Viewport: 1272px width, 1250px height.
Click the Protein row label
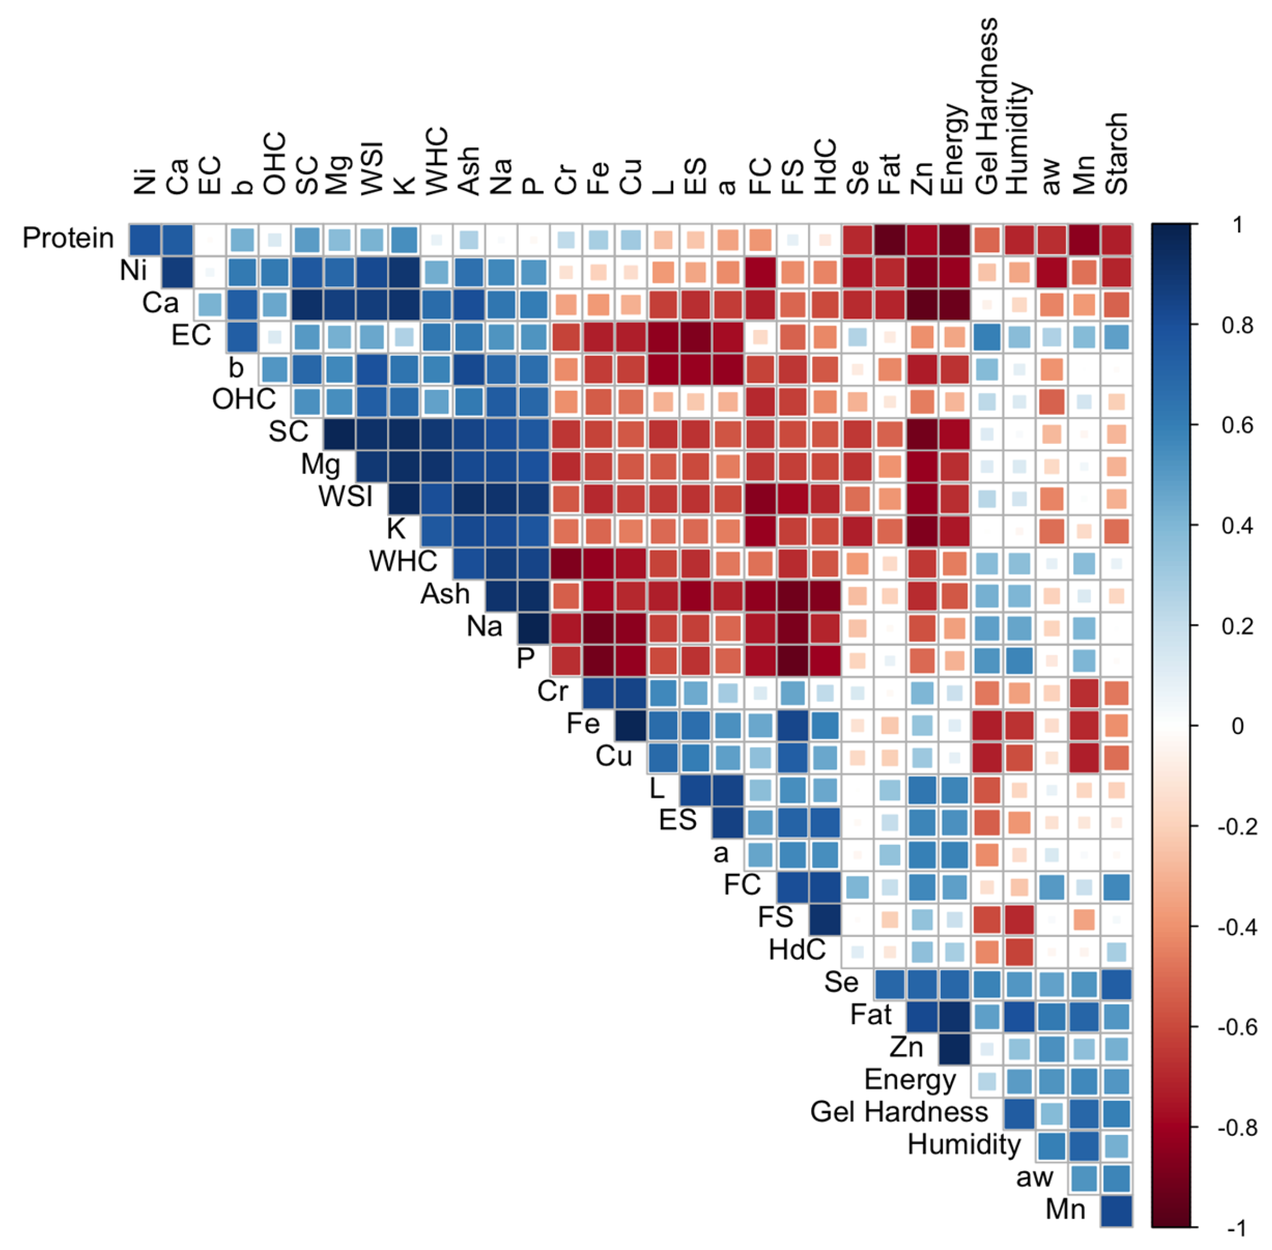(68, 238)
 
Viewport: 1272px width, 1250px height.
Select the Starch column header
(1115, 154)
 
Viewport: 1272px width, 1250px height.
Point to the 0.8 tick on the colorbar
(1237, 325)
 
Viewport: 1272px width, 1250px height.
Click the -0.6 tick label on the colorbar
(1237, 1027)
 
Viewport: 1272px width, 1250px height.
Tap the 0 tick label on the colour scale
(1237, 726)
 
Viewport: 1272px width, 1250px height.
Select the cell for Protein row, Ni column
(144, 240)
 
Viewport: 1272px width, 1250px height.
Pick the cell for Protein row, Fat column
(889, 240)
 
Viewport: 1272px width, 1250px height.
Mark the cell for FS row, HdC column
(824, 920)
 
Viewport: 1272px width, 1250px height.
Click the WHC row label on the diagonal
(403, 561)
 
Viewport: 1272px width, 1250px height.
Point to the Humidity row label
(964, 1144)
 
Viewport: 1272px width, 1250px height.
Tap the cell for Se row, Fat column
(889, 984)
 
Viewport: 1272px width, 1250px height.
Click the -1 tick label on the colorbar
(1237, 1227)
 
